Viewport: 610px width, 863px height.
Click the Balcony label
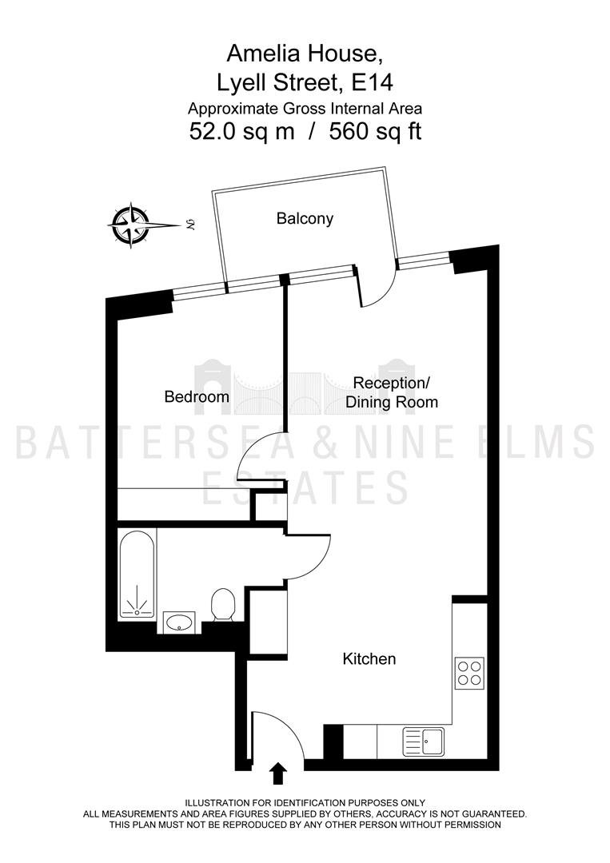click(x=305, y=219)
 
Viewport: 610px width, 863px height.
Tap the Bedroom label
click(x=197, y=396)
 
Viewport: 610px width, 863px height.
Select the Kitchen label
click(x=369, y=658)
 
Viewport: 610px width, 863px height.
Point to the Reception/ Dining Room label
click(x=392, y=392)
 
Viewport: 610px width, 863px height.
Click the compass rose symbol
click(x=130, y=225)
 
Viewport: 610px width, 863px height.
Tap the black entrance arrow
click(x=279, y=773)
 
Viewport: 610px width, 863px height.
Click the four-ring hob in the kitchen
click(x=469, y=673)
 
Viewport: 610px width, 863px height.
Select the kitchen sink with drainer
click(x=423, y=742)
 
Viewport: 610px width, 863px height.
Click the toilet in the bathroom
click(x=223, y=605)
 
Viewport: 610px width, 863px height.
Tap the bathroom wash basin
click(x=179, y=622)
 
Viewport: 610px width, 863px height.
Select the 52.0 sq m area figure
click(x=241, y=132)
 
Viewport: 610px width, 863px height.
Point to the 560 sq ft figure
click(x=376, y=132)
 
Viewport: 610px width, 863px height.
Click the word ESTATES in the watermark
click(x=306, y=488)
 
